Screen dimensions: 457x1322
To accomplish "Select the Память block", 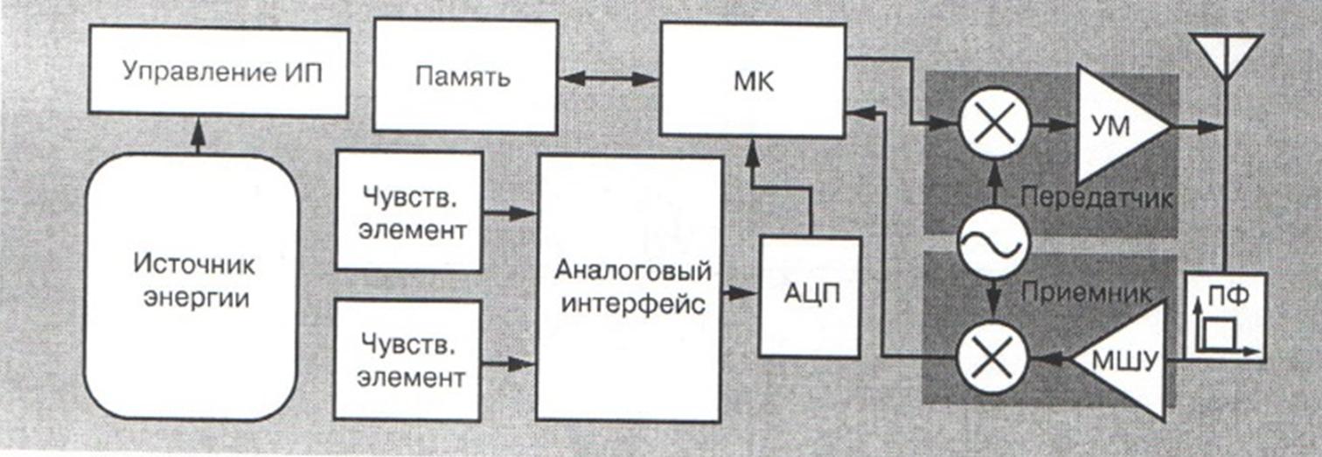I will coord(465,77).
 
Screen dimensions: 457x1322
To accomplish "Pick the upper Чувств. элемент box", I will coord(409,211).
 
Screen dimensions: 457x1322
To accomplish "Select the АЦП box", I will coord(811,296).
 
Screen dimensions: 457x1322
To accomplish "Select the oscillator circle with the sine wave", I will coord(993,243).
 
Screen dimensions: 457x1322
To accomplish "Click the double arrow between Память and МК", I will coord(609,79).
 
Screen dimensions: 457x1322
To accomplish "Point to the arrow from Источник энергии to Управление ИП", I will coord(198,136).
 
